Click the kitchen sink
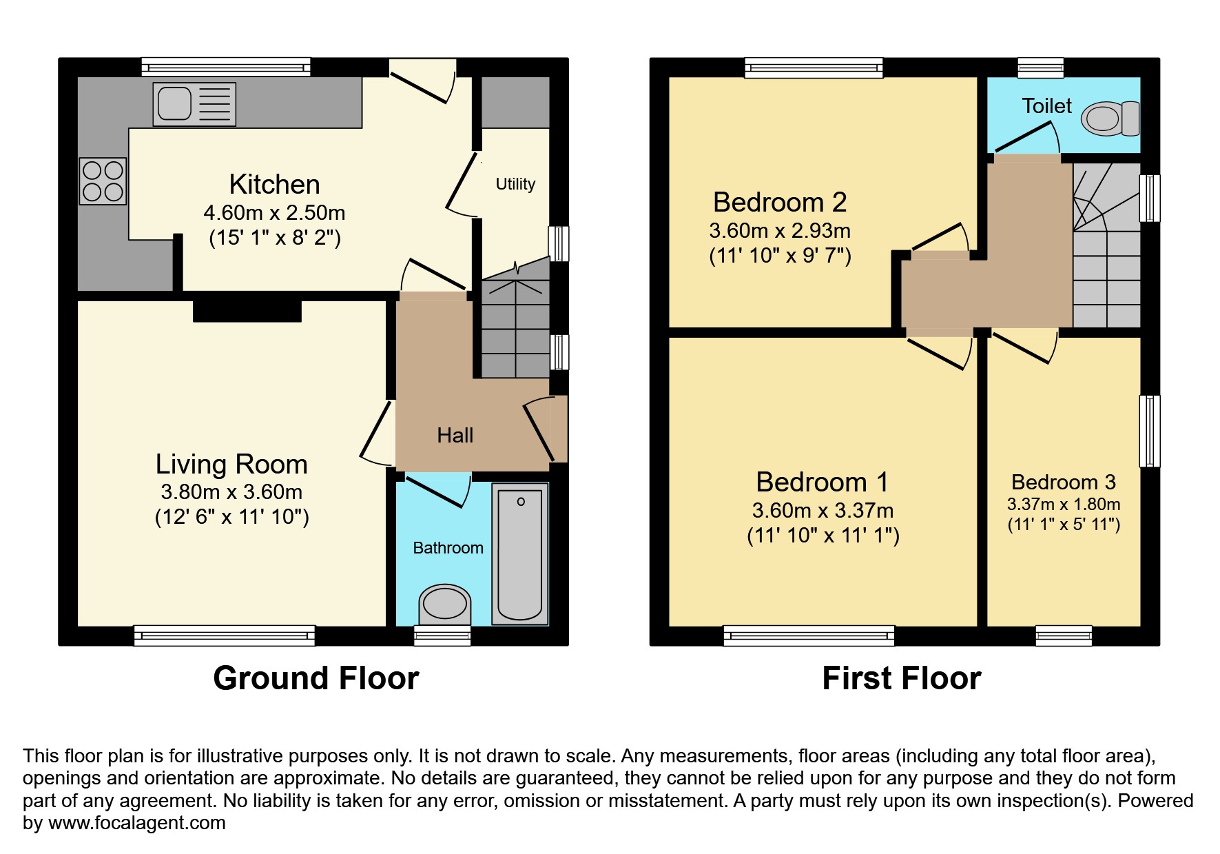pos(194,104)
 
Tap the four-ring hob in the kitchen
pos(103,181)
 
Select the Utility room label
pos(515,184)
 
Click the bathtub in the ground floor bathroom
pos(520,553)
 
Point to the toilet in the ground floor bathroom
pos(444,604)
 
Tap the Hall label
pos(455,436)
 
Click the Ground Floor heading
pos(316,678)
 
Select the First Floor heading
pos(901,678)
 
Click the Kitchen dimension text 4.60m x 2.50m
pos(274,213)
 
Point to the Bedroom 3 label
pos(1064,482)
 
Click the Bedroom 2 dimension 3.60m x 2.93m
pos(780,231)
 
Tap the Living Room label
pos(231,465)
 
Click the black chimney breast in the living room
pos(247,309)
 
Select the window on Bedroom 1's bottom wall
pos(809,636)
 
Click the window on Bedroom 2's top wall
pos(814,67)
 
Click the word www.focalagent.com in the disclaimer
pos(136,823)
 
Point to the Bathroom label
pos(448,548)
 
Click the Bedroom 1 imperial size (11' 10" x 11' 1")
pos(823,536)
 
